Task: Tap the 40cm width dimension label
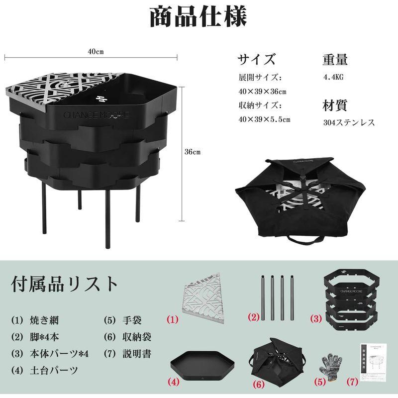(96, 52)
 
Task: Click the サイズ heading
(257, 59)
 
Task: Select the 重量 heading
(335, 59)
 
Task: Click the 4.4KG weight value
(333, 78)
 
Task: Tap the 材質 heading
(335, 105)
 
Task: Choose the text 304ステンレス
(348, 122)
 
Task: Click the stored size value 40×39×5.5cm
(264, 119)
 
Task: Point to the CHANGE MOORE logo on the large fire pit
(96, 114)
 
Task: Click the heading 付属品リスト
(65, 284)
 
